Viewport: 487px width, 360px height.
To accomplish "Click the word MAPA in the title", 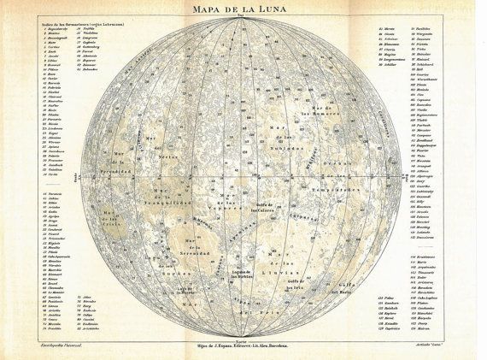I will pyautogui.click(x=201, y=9).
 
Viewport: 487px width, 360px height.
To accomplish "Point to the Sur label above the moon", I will pyautogui.click(x=241, y=17).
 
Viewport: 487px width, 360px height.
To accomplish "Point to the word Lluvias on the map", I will pyautogui.click(x=286, y=275).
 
